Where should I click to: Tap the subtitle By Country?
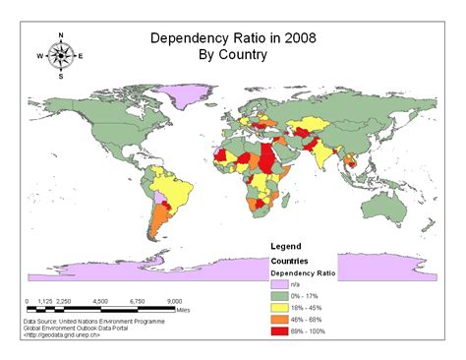[232, 55]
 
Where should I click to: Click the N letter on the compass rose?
[61, 34]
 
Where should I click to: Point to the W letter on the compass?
[40, 56]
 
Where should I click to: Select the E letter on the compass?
[81, 56]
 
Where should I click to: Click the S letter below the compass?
[61, 76]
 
